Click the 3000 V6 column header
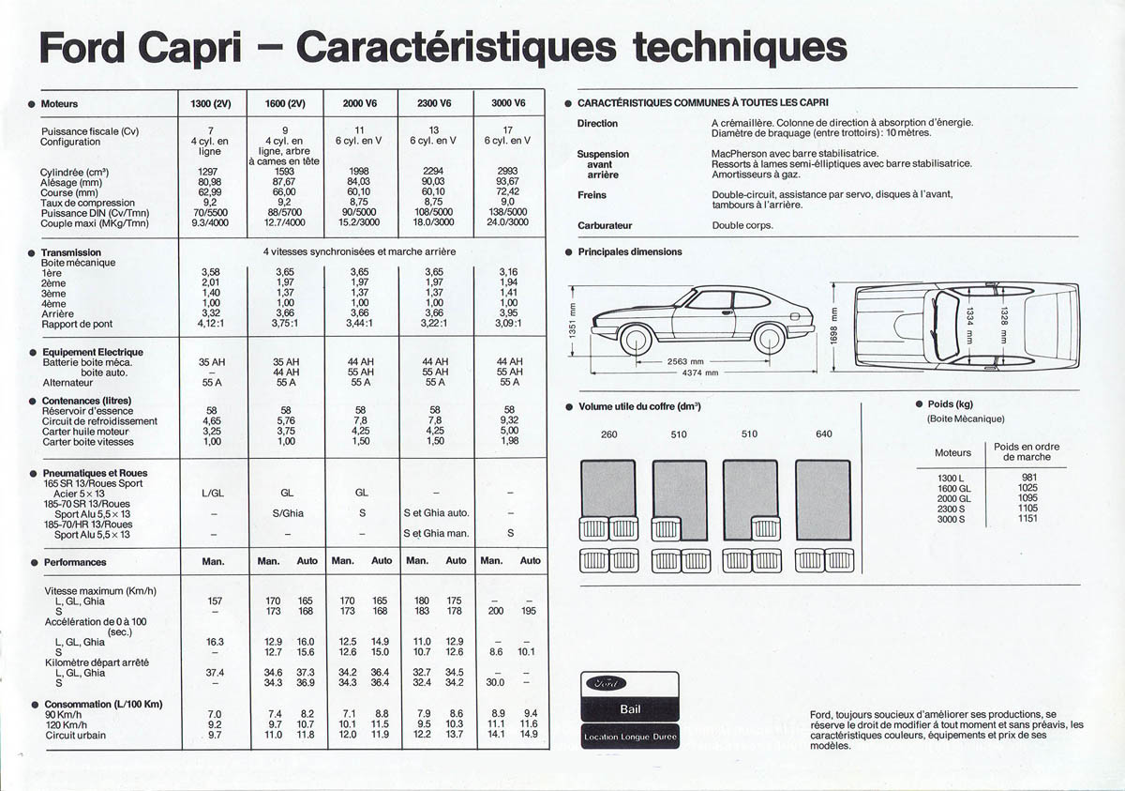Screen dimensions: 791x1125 [508, 103]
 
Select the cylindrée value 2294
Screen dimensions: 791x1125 [433, 172]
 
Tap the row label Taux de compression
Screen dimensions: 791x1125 [87, 203]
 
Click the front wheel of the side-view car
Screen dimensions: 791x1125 [636, 338]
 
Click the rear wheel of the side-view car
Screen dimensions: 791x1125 [770, 338]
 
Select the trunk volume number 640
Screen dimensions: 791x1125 [823, 434]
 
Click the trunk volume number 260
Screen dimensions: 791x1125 [609, 434]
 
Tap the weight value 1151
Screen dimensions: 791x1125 [1027, 518]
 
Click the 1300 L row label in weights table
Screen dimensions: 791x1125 [952, 477]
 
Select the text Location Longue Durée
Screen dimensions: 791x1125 [630, 737]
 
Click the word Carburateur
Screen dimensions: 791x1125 [605, 225]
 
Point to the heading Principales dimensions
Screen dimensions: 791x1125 [630, 252]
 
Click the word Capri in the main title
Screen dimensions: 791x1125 [209, 46]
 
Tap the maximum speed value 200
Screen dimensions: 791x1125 [496, 611]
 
